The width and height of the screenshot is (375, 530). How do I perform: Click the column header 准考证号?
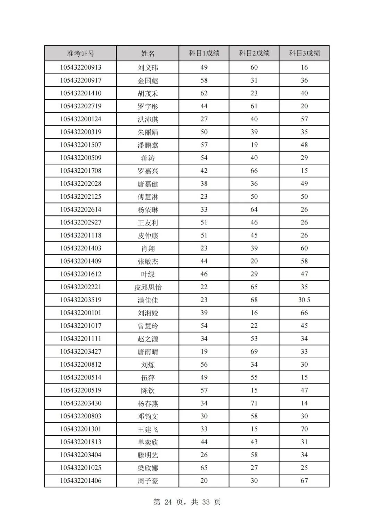[81, 53]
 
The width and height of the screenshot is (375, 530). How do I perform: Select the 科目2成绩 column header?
[254, 53]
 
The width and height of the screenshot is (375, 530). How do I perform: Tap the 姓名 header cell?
[148, 53]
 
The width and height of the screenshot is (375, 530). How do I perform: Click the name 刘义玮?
[148, 68]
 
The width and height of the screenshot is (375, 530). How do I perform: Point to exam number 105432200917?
[81, 80]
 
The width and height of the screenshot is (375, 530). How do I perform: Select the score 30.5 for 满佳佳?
[304, 300]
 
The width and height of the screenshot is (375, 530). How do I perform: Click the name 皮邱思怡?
[148, 287]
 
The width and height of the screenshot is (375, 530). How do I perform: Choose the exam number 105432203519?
[81, 300]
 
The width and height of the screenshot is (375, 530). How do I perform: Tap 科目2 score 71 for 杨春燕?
[254, 403]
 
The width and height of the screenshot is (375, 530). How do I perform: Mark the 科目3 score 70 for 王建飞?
[304, 429]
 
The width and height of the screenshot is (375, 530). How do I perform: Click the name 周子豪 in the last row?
[148, 481]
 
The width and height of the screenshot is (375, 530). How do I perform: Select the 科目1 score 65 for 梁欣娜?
[204, 468]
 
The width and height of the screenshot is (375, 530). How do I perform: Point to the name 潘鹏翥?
[148, 145]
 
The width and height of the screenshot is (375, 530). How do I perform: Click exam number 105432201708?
[81, 171]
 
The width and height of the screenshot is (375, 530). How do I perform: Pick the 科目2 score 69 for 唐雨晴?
[254, 352]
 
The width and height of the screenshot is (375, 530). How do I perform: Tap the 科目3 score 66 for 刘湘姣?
[304, 313]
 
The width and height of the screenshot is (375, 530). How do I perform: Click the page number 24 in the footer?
[168, 502]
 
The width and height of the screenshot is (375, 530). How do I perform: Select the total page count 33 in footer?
[206, 502]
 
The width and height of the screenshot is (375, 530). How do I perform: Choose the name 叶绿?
[148, 274]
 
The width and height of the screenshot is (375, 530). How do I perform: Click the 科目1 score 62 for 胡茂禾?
[204, 93]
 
